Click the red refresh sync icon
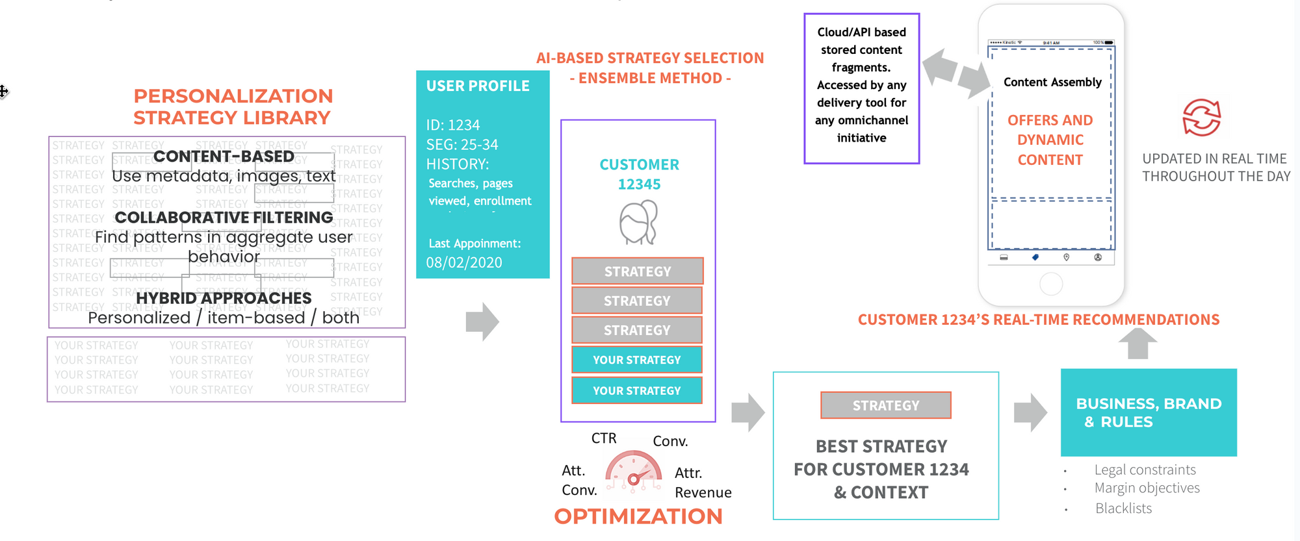point(1201,118)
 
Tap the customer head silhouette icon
point(638,222)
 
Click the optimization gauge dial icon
point(634,471)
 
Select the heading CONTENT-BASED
point(224,157)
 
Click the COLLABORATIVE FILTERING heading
point(224,218)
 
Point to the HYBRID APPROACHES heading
point(224,298)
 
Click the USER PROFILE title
point(478,86)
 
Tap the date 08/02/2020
point(464,262)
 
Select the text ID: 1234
point(453,125)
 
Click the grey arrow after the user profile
point(482,321)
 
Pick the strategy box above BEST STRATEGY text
point(885,405)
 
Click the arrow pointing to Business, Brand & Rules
point(1030,412)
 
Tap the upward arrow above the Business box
point(1137,343)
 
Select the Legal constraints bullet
point(1145,470)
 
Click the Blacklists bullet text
point(1123,508)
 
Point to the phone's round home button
point(1051,284)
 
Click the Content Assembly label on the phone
point(1052,82)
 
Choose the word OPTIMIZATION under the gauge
point(638,516)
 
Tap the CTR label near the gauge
point(604,438)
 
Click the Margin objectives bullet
point(1147,488)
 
